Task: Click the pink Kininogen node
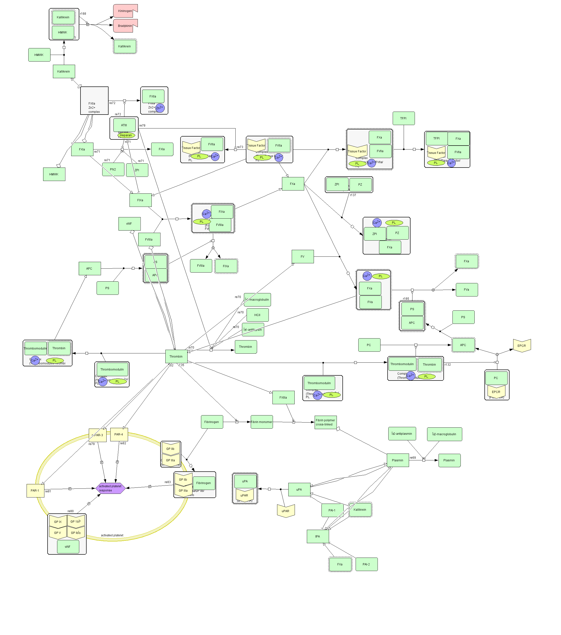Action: [x=125, y=11]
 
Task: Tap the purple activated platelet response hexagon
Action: [x=110, y=488]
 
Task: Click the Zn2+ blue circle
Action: [x=160, y=108]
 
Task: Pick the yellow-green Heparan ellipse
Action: [x=126, y=135]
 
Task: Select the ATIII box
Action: [x=124, y=125]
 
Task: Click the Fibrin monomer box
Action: [x=261, y=422]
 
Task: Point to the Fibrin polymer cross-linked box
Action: [x=325, y=422]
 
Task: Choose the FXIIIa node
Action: [x=283, y=397]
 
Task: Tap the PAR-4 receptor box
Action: [x=119, y=434]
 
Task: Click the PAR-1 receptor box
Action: [x=35, y=491]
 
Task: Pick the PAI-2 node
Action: [x=366, y=564]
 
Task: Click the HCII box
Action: [x=258, y=315]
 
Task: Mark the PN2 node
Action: [x=113, y=169]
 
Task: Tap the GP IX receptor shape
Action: [x=58, y=522]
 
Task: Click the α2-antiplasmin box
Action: [x=402, y=434]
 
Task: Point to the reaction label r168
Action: [x=83, y=14]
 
